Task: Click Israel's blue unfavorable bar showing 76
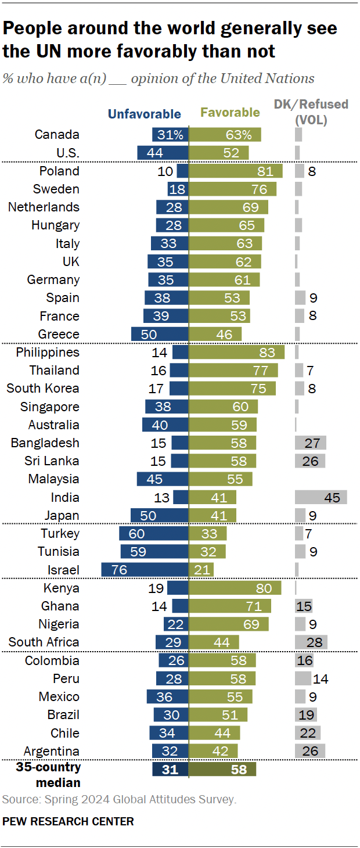click(x=145, y=569)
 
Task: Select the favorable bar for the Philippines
click(x=237, y=352)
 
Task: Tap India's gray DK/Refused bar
click(x=321, y=497)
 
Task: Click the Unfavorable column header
click(x=145, y=114)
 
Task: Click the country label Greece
click(x=59, y=334)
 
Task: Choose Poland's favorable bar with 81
click(x=236, y=171)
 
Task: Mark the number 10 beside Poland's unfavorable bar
click(x=165, y=171)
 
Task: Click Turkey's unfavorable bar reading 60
click(x=154, y=533)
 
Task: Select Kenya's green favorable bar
click(x=235, y=588)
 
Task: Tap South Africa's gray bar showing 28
click(x=311, y=642)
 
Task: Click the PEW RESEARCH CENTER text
click(x=68, y=821)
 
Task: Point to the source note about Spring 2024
click(x=119, y=800)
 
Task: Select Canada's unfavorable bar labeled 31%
click(x=171, y=135)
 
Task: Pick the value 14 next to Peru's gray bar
click(x=321, y=678)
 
